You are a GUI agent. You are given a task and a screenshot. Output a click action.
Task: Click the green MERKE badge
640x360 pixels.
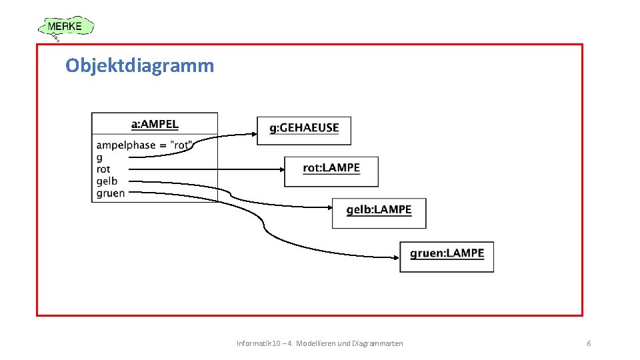pyautogui.click(x=65, y=27)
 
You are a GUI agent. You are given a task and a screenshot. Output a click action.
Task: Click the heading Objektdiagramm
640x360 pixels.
pyautogui.click(x=140, y=65)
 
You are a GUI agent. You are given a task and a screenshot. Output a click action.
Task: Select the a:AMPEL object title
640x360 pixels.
pyautogui.click(x=155, y=124)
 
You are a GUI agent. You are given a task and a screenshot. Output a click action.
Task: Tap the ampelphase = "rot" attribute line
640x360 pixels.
pyautogui.click(x=144, y=145)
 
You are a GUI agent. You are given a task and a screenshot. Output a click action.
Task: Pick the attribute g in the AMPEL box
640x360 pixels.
pyautogui.click(x=99, y=158)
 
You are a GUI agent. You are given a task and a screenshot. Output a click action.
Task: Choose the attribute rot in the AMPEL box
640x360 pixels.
pyautogui.click(x=103, y=169)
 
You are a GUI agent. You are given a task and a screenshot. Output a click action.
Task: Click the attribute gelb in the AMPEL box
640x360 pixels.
pyautogui.click(x=107, y=181)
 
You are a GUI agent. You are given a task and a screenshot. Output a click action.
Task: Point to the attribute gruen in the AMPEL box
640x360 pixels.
pyautogui.click(x=111, y=193)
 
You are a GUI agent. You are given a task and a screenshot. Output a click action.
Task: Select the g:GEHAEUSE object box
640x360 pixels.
pyautogui.click(x=304, y=131)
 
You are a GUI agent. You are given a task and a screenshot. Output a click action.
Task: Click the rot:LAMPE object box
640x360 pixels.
pyautogui.click(x=331, y=171)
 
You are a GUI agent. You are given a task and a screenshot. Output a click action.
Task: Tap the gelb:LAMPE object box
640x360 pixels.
pyautogui.click(x=379, y=213)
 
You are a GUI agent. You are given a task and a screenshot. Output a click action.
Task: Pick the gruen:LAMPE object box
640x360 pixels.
pyautogui.click(x=447, y=257)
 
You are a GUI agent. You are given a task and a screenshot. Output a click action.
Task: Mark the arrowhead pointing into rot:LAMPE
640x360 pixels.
pyautogui.click(x=281, y=169)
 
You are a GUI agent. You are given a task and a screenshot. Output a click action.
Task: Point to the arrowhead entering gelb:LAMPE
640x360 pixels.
pyautogui.click(x=329, y=207)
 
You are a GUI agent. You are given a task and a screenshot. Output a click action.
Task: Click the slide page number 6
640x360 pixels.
pyautogui.click(x=589, y=343)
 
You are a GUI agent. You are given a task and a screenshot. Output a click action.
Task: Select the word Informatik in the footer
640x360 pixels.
pyautogui.click(x=250, y=343)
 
